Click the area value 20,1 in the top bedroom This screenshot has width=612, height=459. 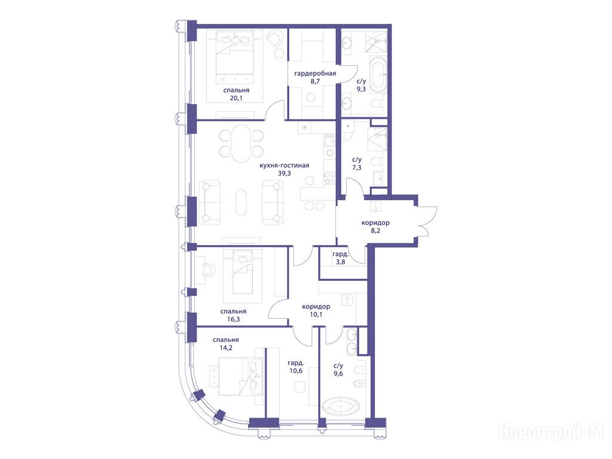coord(235,98)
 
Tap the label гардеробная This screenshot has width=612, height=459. coord(315,74)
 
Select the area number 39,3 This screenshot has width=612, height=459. coord(284,173)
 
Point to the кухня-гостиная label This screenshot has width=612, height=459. coord(284,166)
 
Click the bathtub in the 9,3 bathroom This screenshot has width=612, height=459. coord(378,75)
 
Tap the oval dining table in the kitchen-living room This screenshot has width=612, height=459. coord(241,143)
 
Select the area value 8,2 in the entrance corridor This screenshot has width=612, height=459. coord(375,231)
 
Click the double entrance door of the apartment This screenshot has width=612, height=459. coord(425,222)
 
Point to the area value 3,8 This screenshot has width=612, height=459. coord(340,262)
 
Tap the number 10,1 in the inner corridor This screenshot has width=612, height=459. coord(316,314)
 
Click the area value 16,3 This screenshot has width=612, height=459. coord(233,319)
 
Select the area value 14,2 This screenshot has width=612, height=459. coord(225,348)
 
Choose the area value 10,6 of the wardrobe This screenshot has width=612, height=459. coord(296,371)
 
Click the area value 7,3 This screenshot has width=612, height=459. coord(357,167)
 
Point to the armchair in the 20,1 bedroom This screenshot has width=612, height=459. coord(276,39)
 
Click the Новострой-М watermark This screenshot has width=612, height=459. coord(552,432)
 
